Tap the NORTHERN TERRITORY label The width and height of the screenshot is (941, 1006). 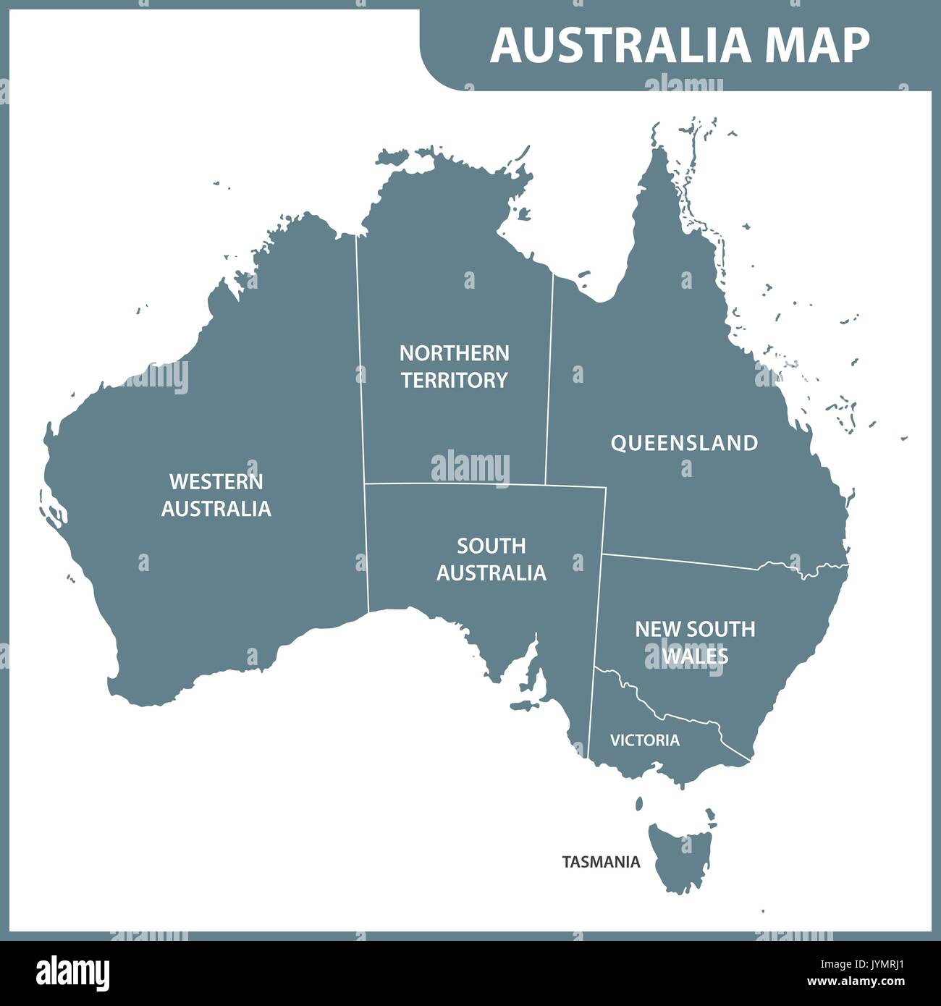pyautogui.click(x=455, y=367)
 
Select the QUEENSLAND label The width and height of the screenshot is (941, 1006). pyautogui.click(x=684, y=443)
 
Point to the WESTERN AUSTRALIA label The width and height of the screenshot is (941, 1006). pyautogui.click(x=216, y=495)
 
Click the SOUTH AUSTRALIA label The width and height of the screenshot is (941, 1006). pyautogui.click(x=491, y=559)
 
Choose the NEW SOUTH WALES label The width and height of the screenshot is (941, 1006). pyautogui.click(x=695, y=642)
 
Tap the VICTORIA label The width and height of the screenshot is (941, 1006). pyautogui.click(x=644, y=740)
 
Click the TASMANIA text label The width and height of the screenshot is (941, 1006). pyautogui.click(x=601, y=862)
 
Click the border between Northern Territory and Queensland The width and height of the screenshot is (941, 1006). pyautogui.click(x=549, y=376)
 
